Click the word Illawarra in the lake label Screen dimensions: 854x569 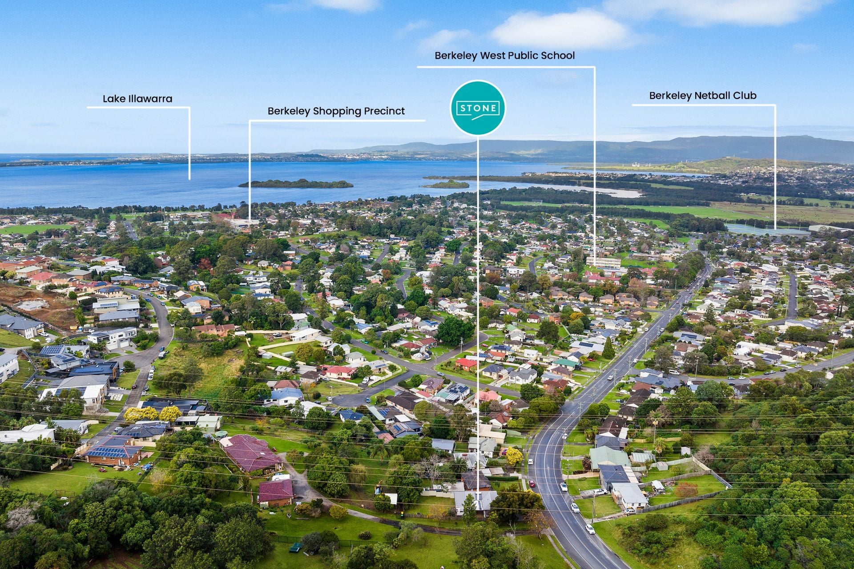(x=150, y=99)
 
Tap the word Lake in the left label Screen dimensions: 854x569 (x=113, y=99)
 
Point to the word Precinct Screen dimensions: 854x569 (x=383, y=111)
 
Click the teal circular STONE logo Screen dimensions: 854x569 (x=478, y=108)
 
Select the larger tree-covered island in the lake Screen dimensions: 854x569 (x=296, y=183)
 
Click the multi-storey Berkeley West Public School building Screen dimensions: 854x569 (x=603, y=262)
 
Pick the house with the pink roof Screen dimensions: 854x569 (x=488, y=395)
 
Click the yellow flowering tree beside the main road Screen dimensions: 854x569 (x=514, y=456)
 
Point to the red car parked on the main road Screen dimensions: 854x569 (x=532, y=483)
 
